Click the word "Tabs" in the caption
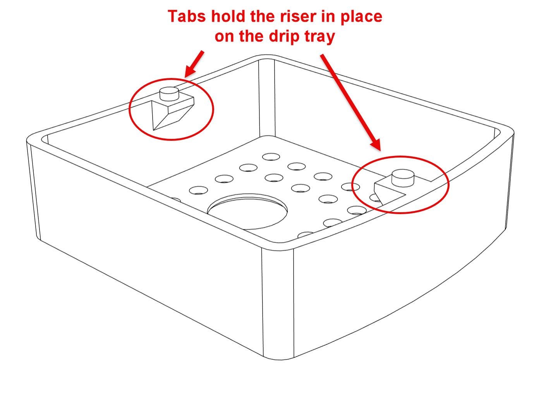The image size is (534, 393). [x=187, y=16]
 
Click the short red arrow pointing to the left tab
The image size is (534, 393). [x=194, y=64]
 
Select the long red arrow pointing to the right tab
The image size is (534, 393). [x=350, y=102]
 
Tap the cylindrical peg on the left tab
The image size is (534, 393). [x=169, y=93]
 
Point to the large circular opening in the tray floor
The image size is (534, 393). [x=247, y=211]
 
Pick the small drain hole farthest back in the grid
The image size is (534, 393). [x=271, y=157]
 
